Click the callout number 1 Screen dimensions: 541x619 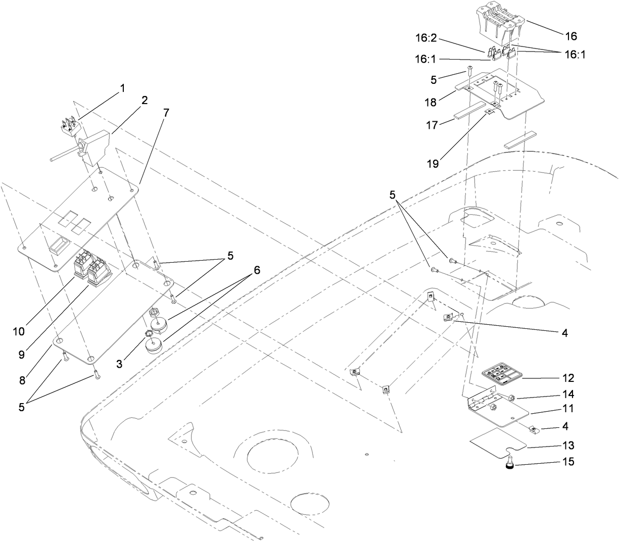click(x=122, y=88)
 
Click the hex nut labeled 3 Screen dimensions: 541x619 click(x=149, y=334)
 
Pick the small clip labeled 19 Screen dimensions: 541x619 click(x=490, y=112)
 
